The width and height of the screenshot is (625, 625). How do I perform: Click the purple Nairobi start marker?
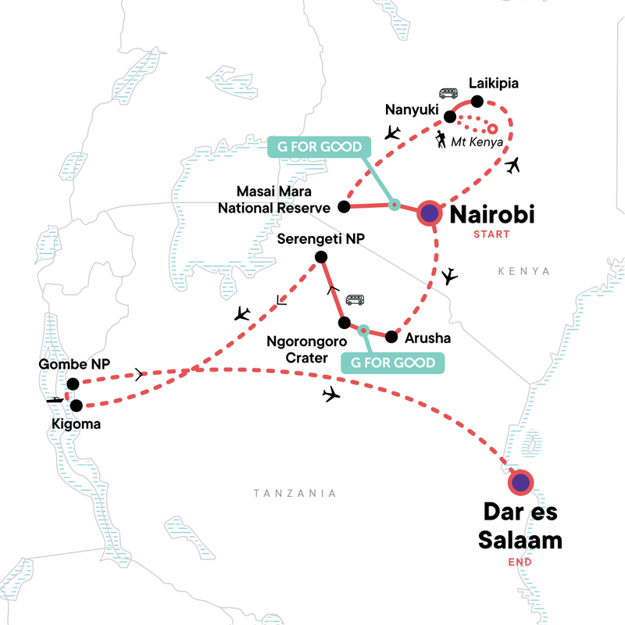(x=430, y=212)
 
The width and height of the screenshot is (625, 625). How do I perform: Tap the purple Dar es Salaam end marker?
(x=520, y=482)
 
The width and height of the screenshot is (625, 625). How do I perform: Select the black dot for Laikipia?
(x=478, y=101)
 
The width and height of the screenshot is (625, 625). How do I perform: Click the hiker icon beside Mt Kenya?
(x=442, y=141)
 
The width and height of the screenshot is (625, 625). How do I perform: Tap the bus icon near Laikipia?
(x=448, y=93)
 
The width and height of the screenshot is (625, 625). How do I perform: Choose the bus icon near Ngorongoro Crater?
(x=355, y=300)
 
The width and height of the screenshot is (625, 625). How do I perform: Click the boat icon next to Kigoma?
(x=55, y=400)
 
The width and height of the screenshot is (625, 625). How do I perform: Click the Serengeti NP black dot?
(x=320, y=257)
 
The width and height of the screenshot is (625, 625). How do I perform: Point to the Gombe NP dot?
(x=73, y=383)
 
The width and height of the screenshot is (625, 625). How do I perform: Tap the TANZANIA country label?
(x=295, y=493)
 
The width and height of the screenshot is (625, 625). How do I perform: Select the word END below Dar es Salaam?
(x=519, y=561)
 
